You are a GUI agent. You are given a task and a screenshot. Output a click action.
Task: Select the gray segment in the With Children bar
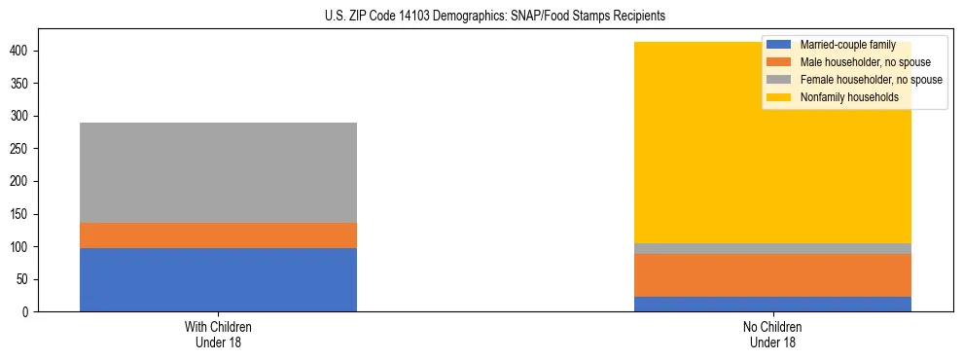[218, 172]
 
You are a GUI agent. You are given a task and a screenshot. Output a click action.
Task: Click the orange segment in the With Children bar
[218, 235]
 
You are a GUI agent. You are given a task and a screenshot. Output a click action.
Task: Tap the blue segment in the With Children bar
[218, 279]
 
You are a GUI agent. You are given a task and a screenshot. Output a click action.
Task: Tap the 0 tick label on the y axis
[29, 312]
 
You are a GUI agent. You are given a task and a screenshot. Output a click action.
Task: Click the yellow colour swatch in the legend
[779, 97]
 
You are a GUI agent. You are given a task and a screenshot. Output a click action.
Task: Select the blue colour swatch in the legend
[779, 45]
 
